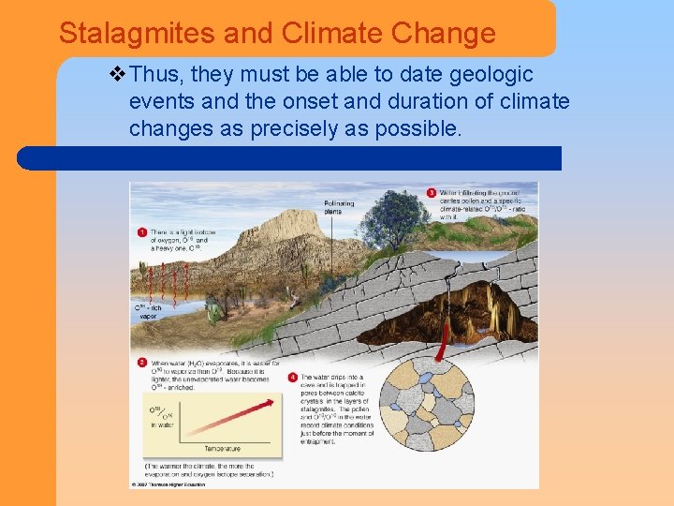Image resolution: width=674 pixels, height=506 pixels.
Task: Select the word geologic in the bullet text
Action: (491, 75)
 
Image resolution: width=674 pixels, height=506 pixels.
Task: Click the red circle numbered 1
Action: (141, 231)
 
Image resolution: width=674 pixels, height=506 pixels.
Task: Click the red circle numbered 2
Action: (141, 362)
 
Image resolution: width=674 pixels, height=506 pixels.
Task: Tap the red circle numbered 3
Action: (431, 193)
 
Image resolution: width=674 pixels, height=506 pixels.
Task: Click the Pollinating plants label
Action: (338, 207)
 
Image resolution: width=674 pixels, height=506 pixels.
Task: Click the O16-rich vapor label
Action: (150, 312)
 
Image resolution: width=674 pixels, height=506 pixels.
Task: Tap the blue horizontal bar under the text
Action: (290, 157)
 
